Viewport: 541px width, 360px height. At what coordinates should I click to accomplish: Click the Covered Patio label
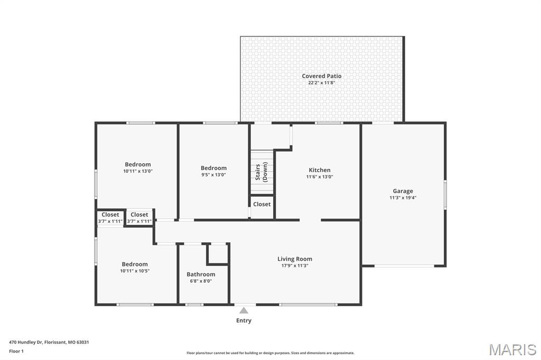tap(322, 76)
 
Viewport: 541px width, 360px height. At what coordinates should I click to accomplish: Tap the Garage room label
tap(403, 191)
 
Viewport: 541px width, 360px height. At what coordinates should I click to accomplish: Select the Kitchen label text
tap(320, 170)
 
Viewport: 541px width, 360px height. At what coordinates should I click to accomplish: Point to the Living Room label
tap(295, 259)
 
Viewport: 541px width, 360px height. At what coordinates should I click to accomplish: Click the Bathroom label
tap(201, 274)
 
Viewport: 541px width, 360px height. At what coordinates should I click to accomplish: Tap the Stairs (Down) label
tap(262, 172)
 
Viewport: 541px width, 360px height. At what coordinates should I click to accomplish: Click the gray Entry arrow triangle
tap(244, 310)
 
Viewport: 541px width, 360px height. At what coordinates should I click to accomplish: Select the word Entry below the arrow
tap(244, 320)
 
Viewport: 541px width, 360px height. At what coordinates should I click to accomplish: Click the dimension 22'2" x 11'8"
tap(322, 83)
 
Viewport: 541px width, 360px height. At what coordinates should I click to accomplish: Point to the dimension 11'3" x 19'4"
tap(403, 198)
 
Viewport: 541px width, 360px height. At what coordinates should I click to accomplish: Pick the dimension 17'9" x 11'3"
tap(295, 266)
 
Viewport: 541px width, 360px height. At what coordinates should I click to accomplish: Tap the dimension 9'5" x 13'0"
tap(213, 175)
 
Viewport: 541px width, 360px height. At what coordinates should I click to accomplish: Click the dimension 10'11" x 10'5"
tap(135, 271)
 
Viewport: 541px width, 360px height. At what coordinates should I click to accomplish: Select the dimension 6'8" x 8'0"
tap(201, 281)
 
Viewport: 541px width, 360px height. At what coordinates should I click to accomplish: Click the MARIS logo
tap(512, 349)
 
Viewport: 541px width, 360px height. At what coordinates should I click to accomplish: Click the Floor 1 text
tap(17, 350)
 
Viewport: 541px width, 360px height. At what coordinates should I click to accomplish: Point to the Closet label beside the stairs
tap(262, 204)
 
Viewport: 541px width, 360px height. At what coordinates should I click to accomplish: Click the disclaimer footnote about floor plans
tap(270, 353)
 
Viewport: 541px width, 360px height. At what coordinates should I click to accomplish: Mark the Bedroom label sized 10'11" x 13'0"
tap(137, 164)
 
